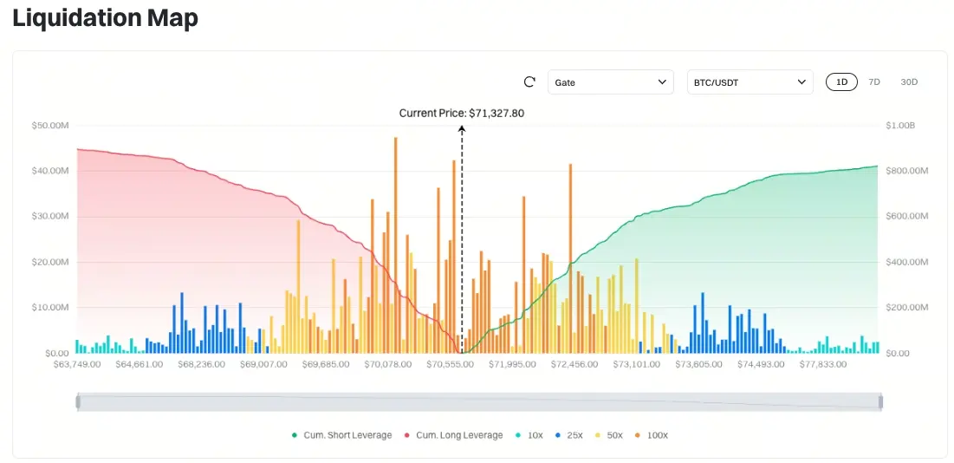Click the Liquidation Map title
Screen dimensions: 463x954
[x=105, y=17]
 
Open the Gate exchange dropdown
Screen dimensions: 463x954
[x=610, y=82]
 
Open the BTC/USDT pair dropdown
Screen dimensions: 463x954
[x=750, y=82]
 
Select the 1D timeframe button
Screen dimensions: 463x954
[x=841, y=82]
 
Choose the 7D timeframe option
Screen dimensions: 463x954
[x=874, y=82]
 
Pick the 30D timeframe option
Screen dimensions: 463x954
[x=909, y=82]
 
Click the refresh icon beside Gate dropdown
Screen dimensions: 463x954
[x=530, y=82]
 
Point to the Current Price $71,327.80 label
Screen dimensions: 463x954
[x=462, y=113]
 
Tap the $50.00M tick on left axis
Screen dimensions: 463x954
[x=49, y=126]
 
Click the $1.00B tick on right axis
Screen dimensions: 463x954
[x=900, y=126]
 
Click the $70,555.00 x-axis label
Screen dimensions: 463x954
[x=450, y=365]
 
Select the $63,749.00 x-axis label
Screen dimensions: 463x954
[x=77, y=365]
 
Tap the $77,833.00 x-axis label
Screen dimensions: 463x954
[x=823, y=365]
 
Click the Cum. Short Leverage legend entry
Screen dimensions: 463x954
[x=342, y=435]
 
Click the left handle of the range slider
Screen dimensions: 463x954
[x=78, y=401]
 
